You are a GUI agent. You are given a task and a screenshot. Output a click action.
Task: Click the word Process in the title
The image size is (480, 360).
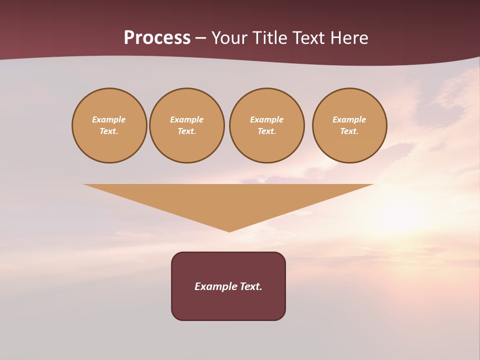tap(157, 38)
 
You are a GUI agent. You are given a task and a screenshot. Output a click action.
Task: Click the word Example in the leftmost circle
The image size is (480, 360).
tap(109, 119)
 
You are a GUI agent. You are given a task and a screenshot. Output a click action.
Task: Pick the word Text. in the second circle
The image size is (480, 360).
tap(187, 131)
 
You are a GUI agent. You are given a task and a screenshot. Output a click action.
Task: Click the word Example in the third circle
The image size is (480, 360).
tap(267, 119)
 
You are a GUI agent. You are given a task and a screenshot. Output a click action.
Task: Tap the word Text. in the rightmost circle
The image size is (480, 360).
tap(349, 131)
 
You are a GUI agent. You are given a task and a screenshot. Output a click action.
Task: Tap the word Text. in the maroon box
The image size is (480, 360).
tap(251, 286)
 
